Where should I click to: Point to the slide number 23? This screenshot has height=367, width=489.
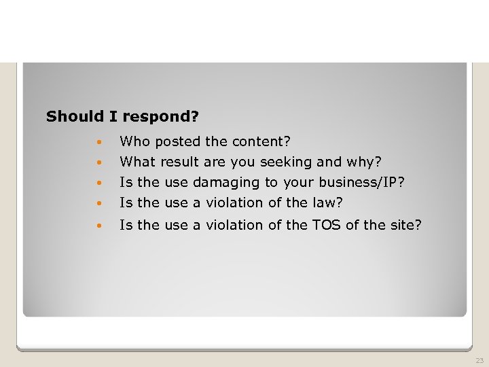[479, 360]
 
